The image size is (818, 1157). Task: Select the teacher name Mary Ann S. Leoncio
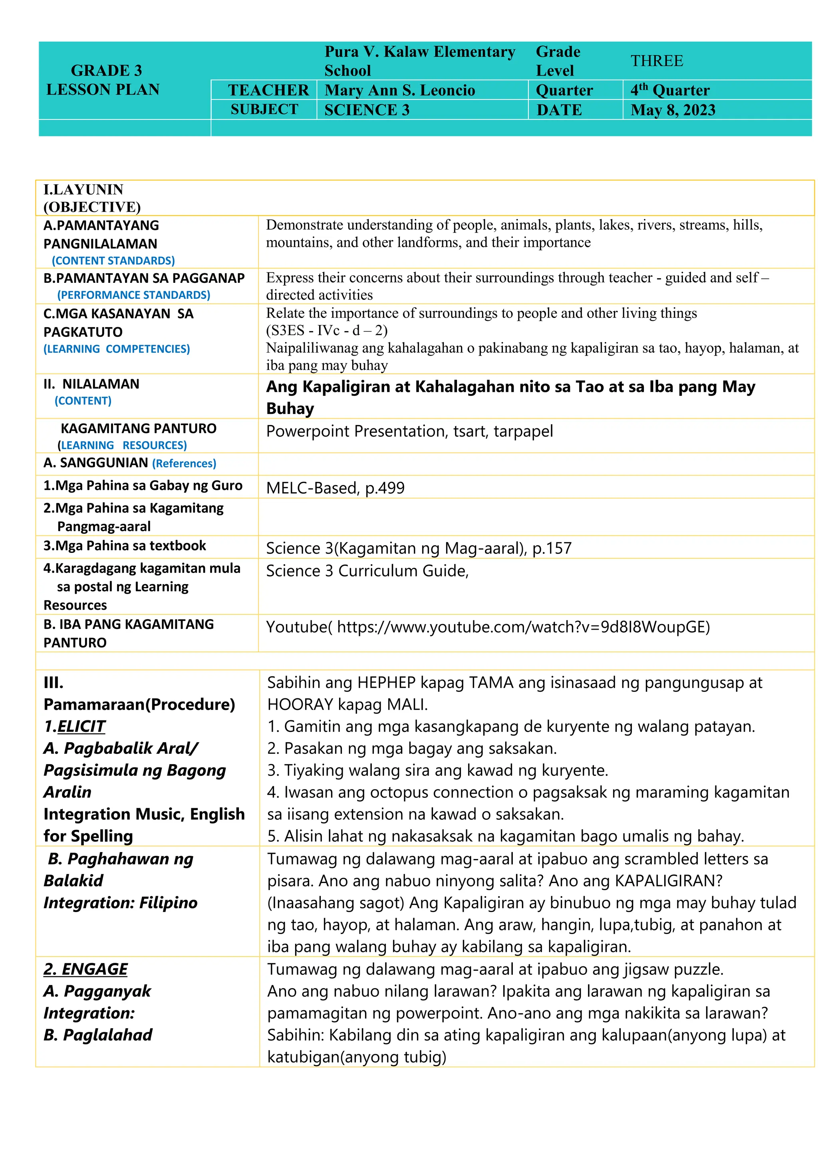(399, 90)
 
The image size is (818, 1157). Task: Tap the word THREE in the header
(657, 61)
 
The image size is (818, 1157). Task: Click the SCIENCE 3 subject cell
(367, 110)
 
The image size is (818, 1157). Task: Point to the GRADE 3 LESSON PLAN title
(104, 80)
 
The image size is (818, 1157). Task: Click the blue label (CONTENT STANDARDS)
(113, 260)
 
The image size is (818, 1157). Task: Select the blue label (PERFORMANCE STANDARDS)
(133, 295)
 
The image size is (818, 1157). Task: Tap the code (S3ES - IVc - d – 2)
(326, 330)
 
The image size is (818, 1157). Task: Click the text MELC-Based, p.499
(335, 488)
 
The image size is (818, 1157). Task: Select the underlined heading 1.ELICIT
(75, 726)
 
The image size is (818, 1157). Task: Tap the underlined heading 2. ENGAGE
(85, 969)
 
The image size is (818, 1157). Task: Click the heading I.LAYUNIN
(83, 189)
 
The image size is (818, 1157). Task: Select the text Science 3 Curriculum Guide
(367, 571)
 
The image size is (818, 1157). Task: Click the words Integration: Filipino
(120, 903)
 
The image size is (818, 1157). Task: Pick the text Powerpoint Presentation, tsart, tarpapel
(409, 431)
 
